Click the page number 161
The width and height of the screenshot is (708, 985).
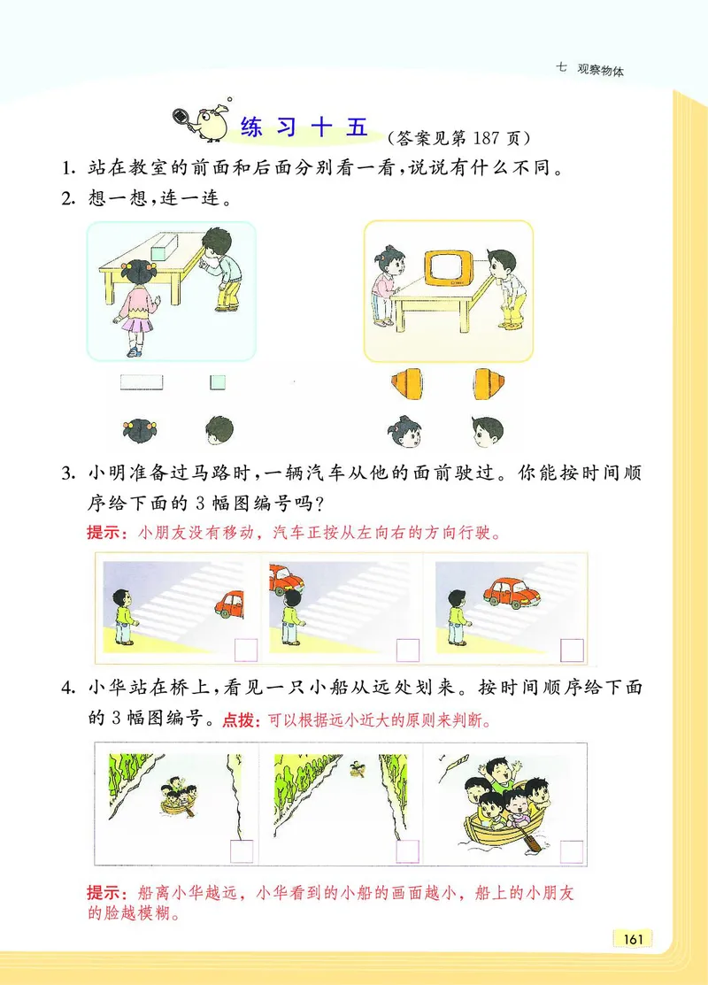632,938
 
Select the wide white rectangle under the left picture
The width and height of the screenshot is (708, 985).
142,382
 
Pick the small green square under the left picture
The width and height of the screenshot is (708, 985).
217,382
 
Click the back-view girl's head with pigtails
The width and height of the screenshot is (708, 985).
140,431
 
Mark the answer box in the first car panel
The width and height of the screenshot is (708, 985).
245,650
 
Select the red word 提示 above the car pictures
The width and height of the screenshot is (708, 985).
103,534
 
